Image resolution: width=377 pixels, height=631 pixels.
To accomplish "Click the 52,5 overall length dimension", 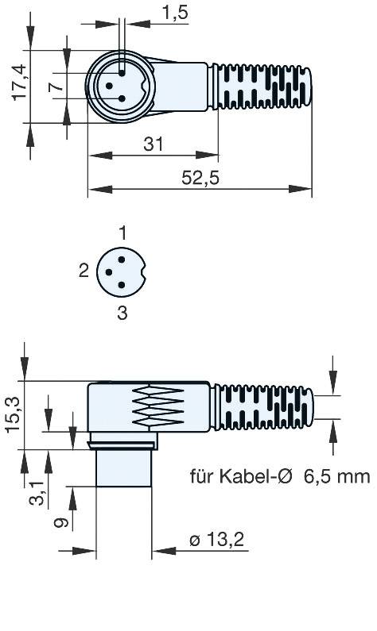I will click(x=200, y=179).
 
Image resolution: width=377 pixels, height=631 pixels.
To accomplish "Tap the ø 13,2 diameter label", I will click(x=216, y=542).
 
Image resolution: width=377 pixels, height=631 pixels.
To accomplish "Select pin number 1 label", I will click(x=122, y=233).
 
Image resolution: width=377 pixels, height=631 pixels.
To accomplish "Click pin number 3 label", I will click(x=122, y=313).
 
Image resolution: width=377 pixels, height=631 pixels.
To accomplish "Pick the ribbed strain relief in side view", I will click(x=267, y=407).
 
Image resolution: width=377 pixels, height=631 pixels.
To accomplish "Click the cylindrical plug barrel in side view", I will click(x=123, y=468).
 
